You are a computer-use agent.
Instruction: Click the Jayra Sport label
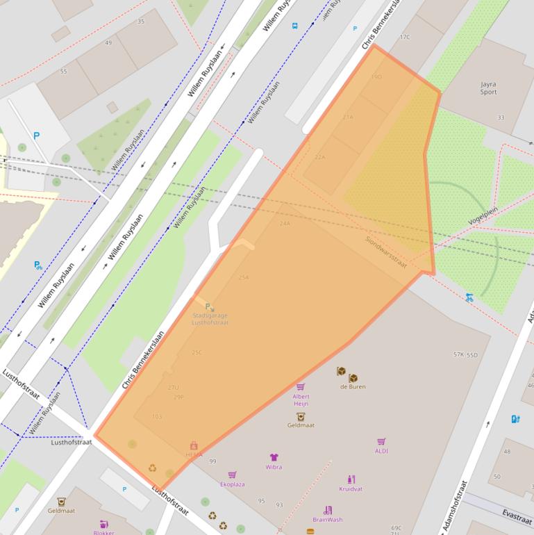point(488,88)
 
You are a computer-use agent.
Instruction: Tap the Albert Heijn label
point(301,400)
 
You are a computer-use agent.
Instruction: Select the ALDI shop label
point(381,450)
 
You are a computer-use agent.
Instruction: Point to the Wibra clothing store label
point(274,467)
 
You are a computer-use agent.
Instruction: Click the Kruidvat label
point(351,488)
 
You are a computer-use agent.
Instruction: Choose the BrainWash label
point(327,519)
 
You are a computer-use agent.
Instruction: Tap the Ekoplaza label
point(232,484)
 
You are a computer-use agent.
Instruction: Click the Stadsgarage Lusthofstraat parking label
point(210,319)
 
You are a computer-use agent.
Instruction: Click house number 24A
point(285,224)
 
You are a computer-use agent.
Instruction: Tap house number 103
point(156,416)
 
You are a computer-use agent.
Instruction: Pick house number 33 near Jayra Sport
point(501,117)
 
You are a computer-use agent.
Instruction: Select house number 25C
point(197,352)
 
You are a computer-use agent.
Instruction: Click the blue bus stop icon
point(295,26)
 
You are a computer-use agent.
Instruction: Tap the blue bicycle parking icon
point(469,297)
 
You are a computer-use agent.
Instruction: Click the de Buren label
point(352,386)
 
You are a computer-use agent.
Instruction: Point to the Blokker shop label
point(103,532)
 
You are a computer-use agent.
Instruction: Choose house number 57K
point(458,354)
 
